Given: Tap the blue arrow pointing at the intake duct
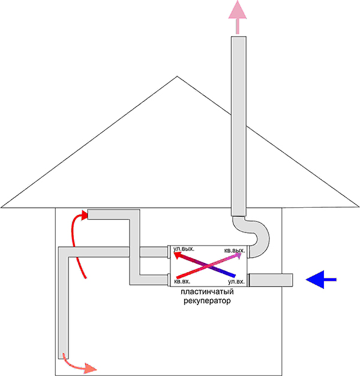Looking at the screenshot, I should pyautogui.click(x=321, y=279).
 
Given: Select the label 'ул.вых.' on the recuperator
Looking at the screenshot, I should pyautogui.click(x=184, y=249).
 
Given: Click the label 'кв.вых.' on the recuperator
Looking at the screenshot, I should pyautogui.click(x=234, y=249).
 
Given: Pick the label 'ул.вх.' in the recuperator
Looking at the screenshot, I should pyautogui.click(x=235, y=280).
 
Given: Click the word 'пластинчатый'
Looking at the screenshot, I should pyautogui.click(x=207, y=292).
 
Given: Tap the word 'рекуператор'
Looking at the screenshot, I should pyautogui.click(x=207, y=301).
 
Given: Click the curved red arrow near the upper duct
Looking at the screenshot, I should pyautogui.click(x=77, y=240).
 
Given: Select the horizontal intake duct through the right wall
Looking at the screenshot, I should pyautogui.click(x=270, y=279).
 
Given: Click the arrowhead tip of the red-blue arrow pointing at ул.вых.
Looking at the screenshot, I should pyautogui.click(x=175, y=255).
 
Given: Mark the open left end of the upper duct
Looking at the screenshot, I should pyautogui.click(x=89, y=214).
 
